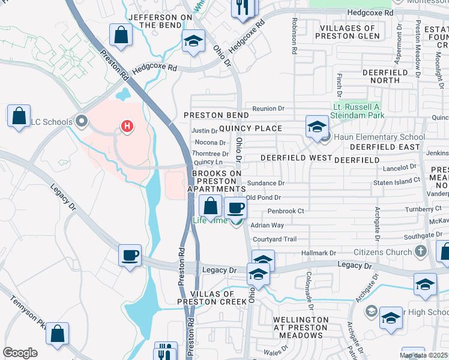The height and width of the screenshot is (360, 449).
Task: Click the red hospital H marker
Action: click(127, 125)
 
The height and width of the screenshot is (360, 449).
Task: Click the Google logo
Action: click(20, 353)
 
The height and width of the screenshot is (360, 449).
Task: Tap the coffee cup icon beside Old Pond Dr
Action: click(236, 208)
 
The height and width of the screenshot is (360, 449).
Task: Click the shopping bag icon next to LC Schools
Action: click(19, 115)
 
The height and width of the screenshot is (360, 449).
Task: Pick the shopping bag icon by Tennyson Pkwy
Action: click(57, 334)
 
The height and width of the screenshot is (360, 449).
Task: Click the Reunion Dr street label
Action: click(268, 109)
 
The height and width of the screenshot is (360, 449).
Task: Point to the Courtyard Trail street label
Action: click(274, 239)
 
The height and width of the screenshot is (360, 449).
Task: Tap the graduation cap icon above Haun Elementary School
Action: click(317, 126)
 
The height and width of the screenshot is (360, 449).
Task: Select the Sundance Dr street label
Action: click(265, 183)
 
